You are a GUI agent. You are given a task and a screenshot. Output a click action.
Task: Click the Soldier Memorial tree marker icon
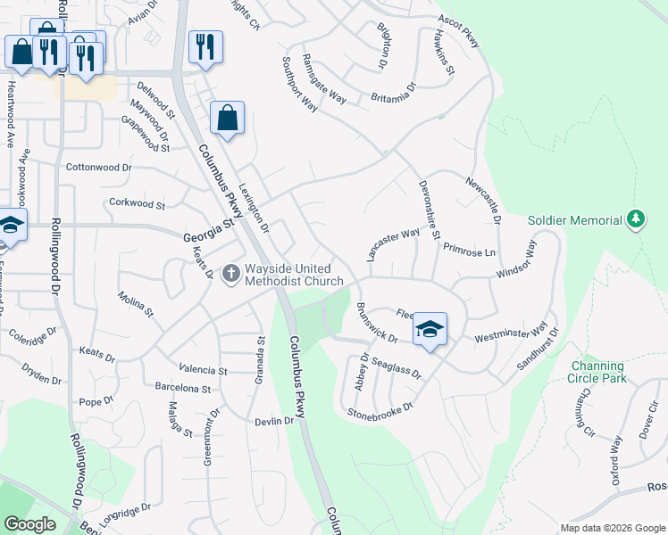coord(635,219)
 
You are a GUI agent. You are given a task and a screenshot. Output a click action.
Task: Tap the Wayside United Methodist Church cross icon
coord(231,274)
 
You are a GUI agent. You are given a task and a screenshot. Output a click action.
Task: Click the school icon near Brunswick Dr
coord(430,330)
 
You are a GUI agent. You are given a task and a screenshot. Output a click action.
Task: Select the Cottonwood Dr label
coord(98,167)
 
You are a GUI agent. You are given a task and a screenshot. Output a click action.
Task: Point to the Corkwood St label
coord(137,205)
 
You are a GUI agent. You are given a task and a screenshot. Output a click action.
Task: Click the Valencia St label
coord(203,369)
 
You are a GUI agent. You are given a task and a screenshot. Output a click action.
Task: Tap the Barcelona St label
coord(182,389)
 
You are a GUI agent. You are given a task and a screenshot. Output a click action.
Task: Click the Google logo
coord(29,524)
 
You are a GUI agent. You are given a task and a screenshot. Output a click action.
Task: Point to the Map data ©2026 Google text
coord(612,528)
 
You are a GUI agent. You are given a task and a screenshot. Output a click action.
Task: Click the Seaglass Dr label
coord(396,367)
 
